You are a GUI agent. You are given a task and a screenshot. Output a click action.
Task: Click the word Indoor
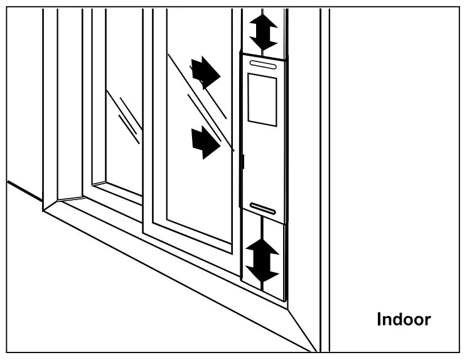pos(403,319)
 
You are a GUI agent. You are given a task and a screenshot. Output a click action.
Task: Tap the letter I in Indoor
pos(379,319)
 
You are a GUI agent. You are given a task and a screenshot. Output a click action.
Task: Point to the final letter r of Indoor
pos(427,320)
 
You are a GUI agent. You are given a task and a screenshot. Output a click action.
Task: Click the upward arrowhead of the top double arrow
pos(263,19)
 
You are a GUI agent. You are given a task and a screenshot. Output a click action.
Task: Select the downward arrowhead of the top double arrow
pos(263,43)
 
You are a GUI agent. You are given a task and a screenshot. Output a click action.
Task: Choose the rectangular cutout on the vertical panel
pos(262,99)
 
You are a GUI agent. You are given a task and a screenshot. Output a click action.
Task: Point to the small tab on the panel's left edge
pos(242,162)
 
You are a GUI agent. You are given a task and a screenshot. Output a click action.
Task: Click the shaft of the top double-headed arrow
pos(263,31)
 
